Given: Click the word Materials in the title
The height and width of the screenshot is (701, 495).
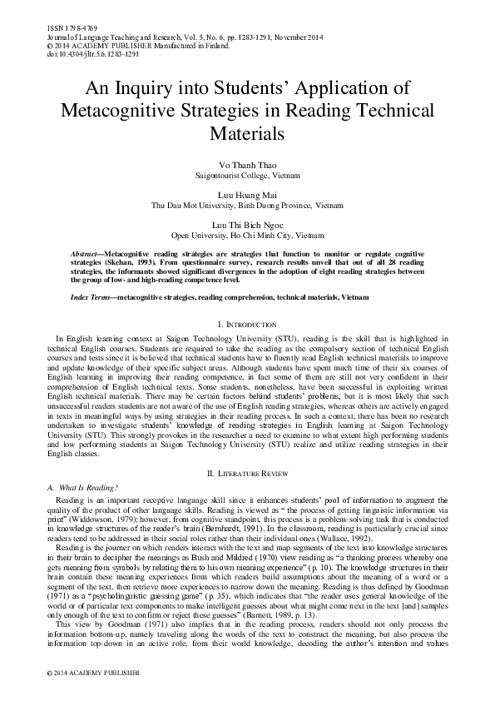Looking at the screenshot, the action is tap(247, 132).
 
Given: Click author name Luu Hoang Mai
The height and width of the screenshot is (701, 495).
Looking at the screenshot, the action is tap(247, 193).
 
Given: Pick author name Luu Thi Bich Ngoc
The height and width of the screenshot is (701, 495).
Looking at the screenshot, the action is tap(247, 226).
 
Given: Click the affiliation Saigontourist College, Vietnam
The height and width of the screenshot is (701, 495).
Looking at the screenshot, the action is tap(247, 176).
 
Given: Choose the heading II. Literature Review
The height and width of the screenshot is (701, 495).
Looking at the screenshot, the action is tap(247, 473).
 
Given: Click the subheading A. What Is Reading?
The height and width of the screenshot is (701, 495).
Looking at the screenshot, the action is tap(82, 486).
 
